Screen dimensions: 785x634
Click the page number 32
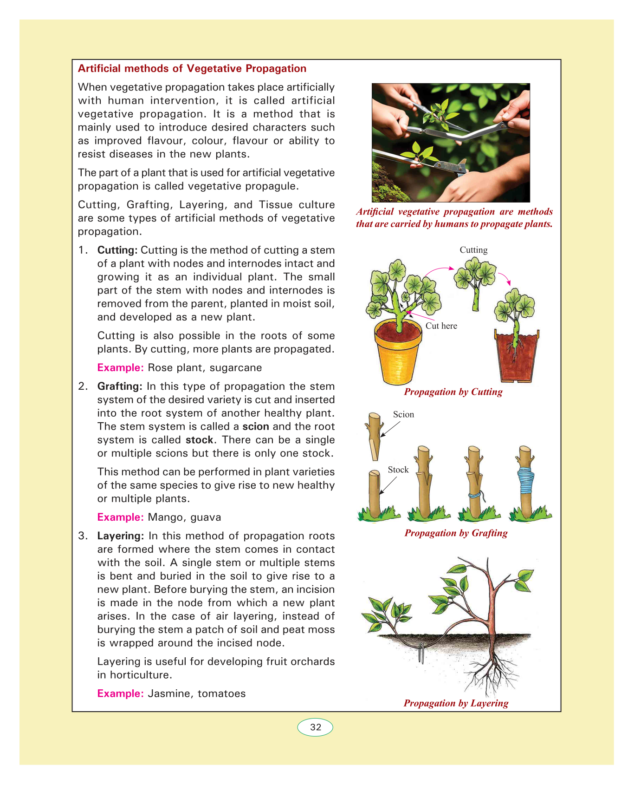315,727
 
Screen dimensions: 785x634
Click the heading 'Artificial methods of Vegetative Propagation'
192,69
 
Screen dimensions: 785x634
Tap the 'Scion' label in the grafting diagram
403,414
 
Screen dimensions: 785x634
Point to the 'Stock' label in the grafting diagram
398,470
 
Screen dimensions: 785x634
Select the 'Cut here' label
441,326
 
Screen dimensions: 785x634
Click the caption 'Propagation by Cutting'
453,392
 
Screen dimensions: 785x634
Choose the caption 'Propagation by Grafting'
456,533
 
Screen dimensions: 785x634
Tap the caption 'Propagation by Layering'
456,703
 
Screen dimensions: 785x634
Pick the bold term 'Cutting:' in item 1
117,250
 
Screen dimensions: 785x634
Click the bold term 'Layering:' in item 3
121,536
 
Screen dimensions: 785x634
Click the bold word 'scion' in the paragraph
256,427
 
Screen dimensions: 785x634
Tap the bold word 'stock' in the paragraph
200,440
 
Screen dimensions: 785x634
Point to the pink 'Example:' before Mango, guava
121,517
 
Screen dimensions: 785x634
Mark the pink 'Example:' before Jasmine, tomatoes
121,694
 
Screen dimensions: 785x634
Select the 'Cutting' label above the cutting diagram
473,250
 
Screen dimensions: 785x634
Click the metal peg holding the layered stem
421,653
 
